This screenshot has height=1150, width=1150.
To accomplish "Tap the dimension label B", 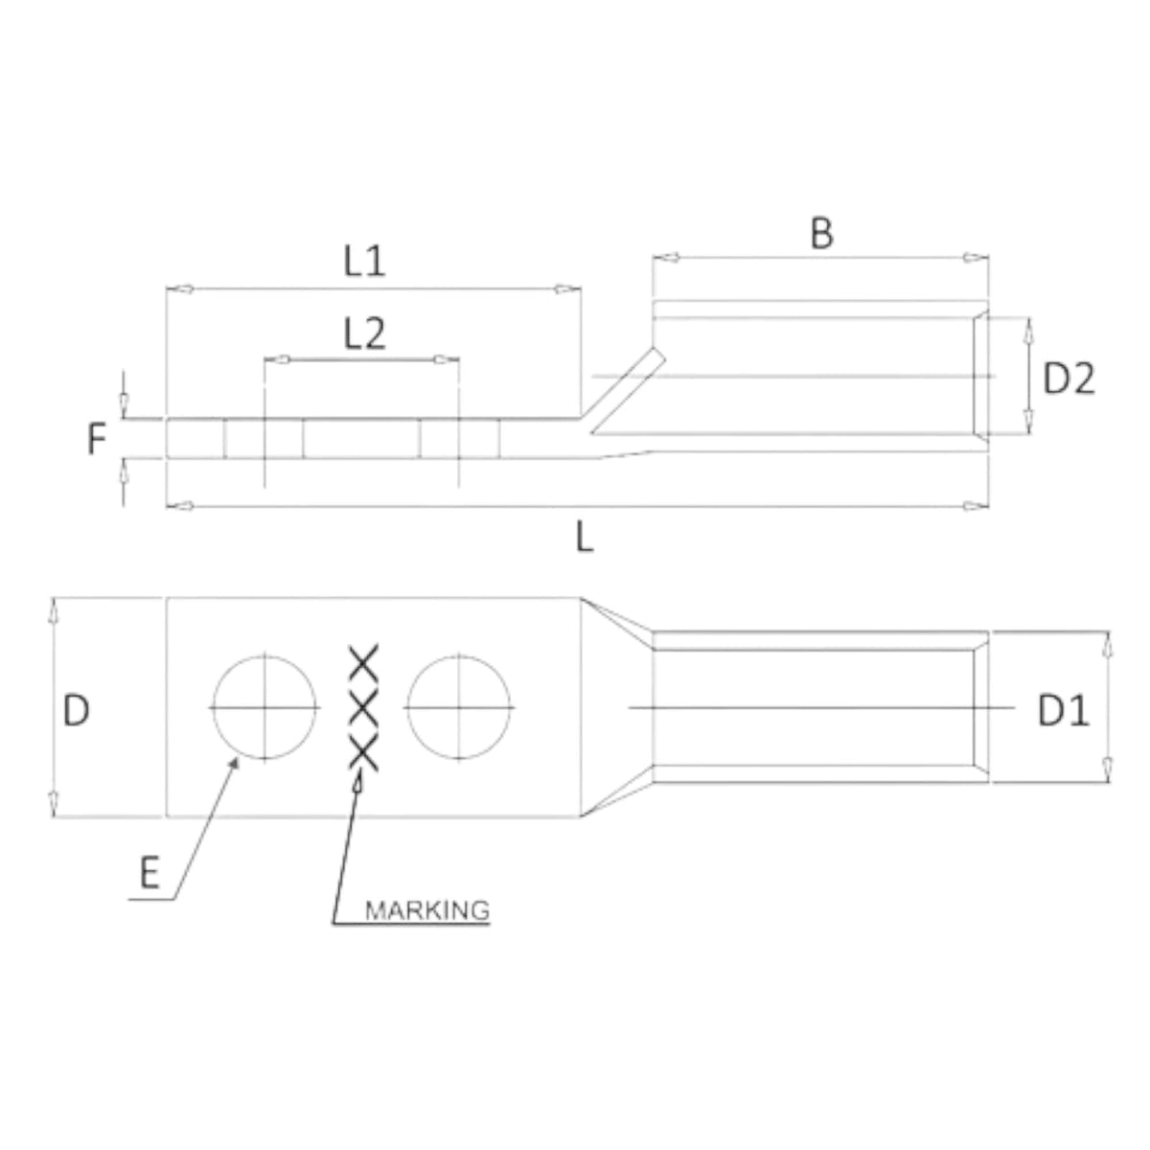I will [821, 233].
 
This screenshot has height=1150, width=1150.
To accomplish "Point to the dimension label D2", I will [1068, 379].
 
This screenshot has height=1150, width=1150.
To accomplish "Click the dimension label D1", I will [1063, 711].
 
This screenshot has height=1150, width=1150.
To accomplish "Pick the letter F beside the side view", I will [96, 440].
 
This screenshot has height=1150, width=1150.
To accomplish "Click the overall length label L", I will [585, 539].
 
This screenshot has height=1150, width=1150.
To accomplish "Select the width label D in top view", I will [77, 710].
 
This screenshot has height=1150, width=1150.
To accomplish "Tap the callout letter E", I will [149, 874].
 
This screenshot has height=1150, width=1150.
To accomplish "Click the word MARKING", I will [427, 908].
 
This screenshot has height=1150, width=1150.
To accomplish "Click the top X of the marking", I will [364, 662].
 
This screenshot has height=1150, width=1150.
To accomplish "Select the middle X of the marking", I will [364, 709].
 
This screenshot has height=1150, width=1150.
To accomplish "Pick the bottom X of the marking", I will [364, 755].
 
